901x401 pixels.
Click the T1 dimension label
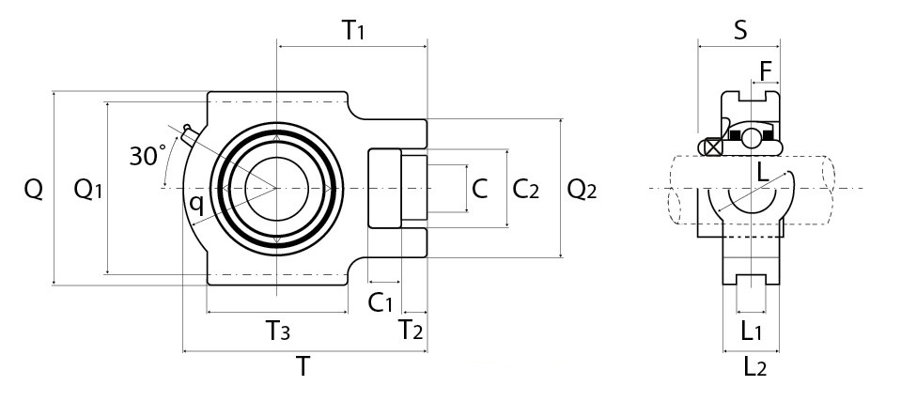point(352,30)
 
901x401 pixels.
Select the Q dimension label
point(34,190)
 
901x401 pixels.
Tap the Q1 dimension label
point(87,190)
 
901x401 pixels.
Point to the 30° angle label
point(148,155)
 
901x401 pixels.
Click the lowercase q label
point(195,202)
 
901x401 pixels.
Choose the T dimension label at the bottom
point(303,366)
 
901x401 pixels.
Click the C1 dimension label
point(380,302)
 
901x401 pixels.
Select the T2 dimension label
point(411,330)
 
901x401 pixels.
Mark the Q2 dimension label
point(582,190)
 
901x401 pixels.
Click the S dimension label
point(740,30)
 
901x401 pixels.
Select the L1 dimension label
point(752,330)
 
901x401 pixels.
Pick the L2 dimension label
point(754,366)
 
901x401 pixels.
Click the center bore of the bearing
point(276,188)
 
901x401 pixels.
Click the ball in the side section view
point(752,138)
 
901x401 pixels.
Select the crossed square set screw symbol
point(713,147)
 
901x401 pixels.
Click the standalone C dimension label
point(480,190)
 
